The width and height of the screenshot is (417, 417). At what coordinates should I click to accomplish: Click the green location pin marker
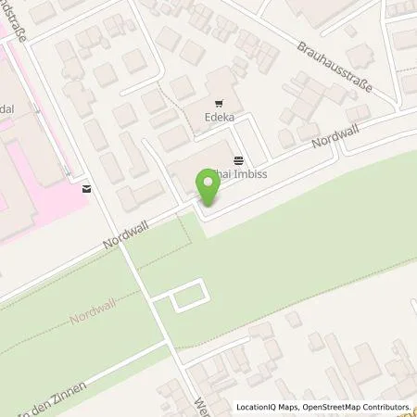click(208, 188)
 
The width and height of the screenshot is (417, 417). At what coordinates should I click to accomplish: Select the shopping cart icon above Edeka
click(220, 105)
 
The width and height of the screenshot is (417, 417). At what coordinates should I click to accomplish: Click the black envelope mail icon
click(86, 189)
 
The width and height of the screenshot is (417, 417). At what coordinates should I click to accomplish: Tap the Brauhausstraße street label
click(335, 66)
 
